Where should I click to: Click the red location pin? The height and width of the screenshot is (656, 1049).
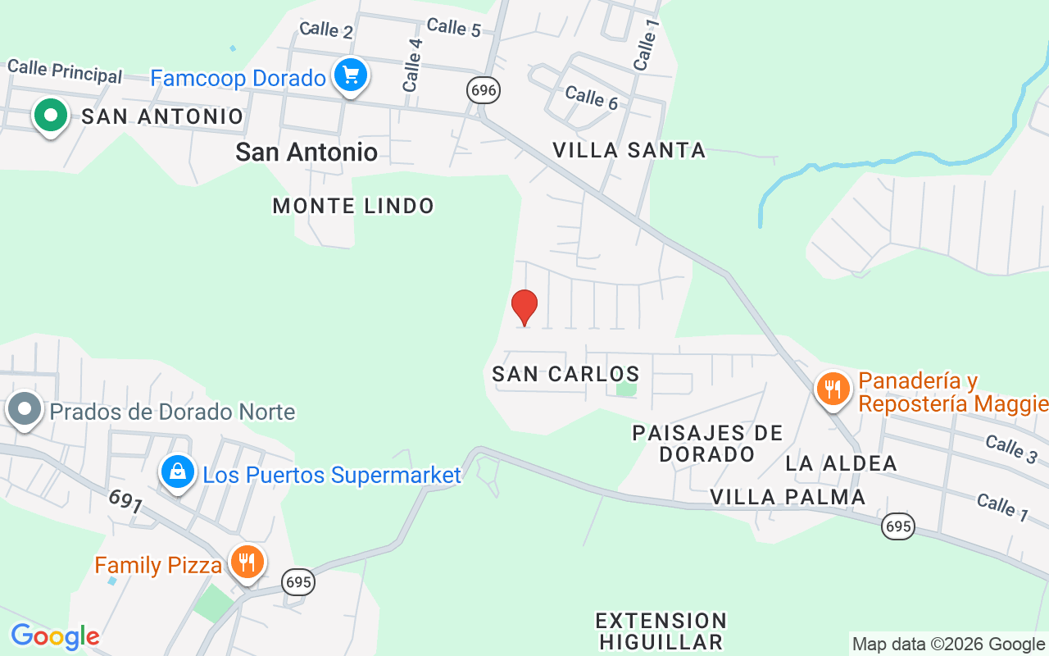524,307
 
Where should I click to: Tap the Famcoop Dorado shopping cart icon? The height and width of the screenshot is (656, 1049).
351,76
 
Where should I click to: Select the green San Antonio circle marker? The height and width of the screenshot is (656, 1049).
51,116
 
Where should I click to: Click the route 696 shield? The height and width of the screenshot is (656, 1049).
484,90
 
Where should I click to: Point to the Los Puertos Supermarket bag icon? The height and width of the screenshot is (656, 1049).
177,471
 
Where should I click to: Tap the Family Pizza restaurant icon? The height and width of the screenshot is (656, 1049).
245,562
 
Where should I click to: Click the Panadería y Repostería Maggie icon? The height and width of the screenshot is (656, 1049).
833,389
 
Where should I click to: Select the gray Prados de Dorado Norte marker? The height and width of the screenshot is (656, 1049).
25,408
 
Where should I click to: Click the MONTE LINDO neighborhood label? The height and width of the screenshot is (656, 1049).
353,206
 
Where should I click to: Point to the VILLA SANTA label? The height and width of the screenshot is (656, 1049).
629,150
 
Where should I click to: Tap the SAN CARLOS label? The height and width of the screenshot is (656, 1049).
565,374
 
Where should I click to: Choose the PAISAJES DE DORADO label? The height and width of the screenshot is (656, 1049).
707,443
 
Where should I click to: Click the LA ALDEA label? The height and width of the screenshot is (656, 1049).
841,463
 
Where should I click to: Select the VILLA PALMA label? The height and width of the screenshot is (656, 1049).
788,497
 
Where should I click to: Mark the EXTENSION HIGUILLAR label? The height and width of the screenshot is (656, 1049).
661,631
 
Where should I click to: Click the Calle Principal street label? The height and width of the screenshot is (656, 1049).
64,71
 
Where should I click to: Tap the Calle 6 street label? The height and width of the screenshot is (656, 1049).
591,98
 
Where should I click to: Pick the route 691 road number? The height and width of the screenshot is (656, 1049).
125,501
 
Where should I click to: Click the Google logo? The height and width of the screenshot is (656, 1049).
55,636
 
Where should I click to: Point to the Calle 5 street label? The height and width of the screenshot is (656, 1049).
453,27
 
